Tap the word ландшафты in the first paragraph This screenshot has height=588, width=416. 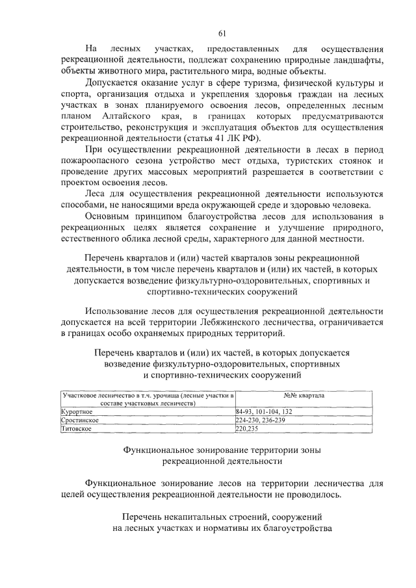(x=355, y=60)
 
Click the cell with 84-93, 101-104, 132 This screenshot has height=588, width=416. (x=264, y=412)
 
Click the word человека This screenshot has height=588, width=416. (x=353, y=205)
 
